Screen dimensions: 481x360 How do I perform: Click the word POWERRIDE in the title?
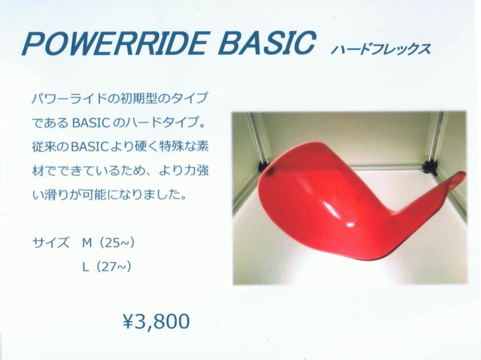(114, 43)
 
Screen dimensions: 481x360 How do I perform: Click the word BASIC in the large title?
(267, 43)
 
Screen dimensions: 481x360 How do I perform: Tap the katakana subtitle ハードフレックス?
(381, 49)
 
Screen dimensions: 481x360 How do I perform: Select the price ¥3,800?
(156, 321)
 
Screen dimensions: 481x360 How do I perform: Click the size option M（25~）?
(108, 243)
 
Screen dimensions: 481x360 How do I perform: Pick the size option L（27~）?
(107, 267)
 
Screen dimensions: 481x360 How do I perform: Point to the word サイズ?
(50, 243)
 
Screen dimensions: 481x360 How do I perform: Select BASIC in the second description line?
(91, 123)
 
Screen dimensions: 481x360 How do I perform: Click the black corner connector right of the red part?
(429, 167)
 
